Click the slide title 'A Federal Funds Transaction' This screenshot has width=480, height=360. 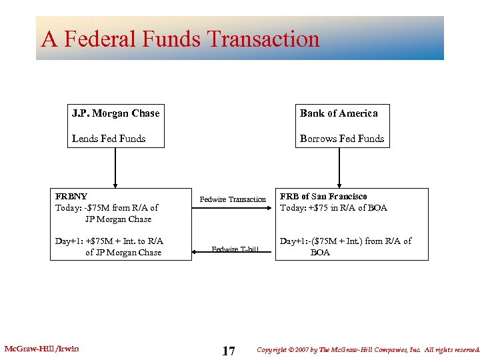click(x=180, y=39)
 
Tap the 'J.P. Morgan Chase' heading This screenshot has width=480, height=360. click(x=115, y=113)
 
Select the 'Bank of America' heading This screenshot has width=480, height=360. click(x=339, y=113)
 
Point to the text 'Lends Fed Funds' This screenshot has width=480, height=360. click(x=109, y=139)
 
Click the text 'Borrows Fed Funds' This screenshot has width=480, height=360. click(x=342, y=139)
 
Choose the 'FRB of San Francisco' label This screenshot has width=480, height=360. click(x=323, y=197)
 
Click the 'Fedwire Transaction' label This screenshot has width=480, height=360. click(x=233, y=199)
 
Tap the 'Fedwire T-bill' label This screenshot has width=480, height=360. click(x=235, y=249)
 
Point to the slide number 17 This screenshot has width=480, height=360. click(x=228, y=351)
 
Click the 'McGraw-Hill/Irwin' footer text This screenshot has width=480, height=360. click(x=41, y=349)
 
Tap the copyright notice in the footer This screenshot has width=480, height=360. click(x=367, y=349)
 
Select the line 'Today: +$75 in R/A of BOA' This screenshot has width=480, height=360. click(x=333, y=207)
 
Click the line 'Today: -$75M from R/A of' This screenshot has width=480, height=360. click(x=107, y=208)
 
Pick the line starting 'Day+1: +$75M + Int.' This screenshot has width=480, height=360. click(x=109, y=241)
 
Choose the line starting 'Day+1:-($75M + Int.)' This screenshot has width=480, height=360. click(x=345, y=241)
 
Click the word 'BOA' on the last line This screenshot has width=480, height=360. click(x=320, y=253)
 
